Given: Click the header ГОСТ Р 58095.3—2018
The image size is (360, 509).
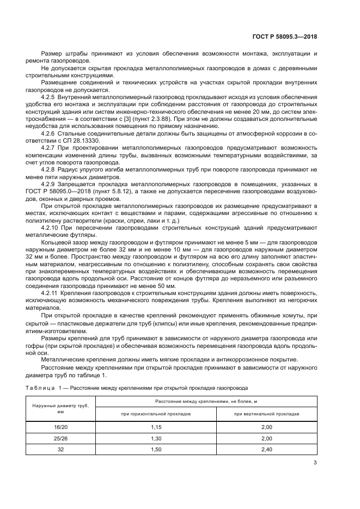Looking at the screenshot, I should (286, 37).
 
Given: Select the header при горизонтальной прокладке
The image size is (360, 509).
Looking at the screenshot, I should (155, 414).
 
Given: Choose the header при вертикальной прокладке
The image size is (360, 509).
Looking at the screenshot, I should (266, 414).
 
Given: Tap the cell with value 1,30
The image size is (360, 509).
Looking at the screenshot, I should (155, 438).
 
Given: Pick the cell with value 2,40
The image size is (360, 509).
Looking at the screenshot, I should (266, 449).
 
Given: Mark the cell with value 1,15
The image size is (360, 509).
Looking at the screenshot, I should (155, 428).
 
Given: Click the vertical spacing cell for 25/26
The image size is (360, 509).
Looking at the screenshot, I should (266, 438).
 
